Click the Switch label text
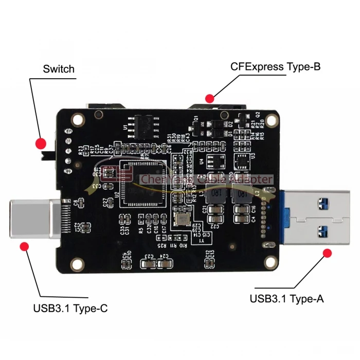pyautogui.click(x=59, y=69)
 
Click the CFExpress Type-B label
pyautogui.click(x=275, y=66)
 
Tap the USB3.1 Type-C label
pyautogui.click(x=70, y=309)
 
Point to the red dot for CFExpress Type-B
pyautogui.click(x=209, y=98)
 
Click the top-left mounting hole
pyautogui.click(x=78, y=120)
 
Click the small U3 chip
pyautogui.click(x=242, y=160)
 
